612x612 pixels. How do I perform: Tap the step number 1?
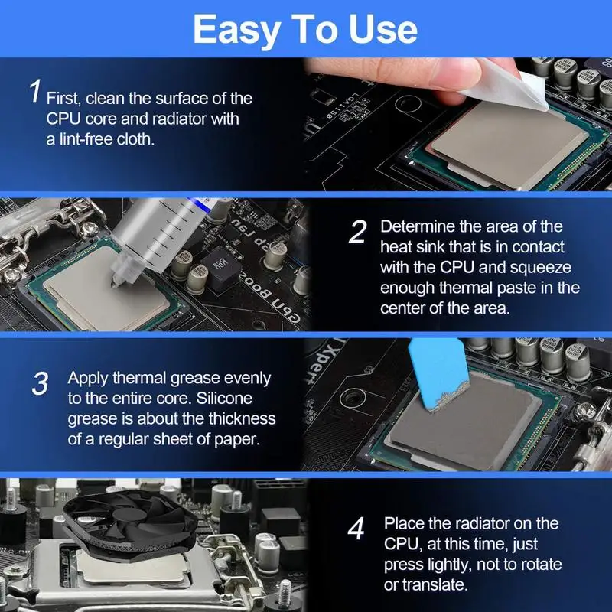pos(34,92)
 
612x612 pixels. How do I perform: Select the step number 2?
pos(357,232)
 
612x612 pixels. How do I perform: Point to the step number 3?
pos(41,383)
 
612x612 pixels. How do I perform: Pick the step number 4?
pos(356,529)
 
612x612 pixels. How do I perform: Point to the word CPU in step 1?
pos(60,119)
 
